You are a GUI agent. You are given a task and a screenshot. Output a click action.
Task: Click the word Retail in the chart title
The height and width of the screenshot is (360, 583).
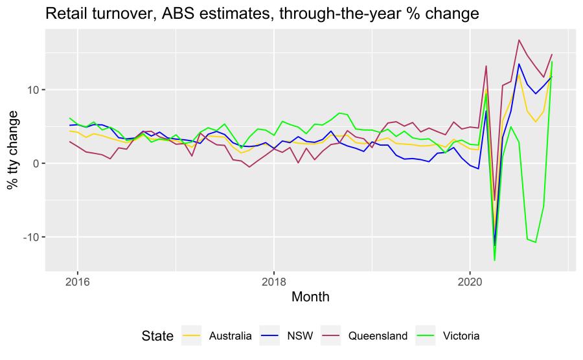point(63,14)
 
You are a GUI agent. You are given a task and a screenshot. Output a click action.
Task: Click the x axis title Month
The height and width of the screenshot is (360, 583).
point(310,298)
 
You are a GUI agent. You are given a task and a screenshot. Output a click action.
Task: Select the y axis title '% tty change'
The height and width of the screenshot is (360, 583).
point(13,150)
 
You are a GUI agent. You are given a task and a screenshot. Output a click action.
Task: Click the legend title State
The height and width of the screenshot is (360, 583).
point(157,335)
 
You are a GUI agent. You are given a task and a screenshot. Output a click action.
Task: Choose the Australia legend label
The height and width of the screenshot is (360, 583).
point(230,335)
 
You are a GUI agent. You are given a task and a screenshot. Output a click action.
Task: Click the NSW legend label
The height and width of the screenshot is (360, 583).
point(302,335)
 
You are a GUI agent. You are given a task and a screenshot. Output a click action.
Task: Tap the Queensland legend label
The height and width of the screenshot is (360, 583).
point(378,335)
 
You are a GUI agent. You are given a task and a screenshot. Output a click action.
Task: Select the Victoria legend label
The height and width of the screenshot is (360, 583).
point(462,335)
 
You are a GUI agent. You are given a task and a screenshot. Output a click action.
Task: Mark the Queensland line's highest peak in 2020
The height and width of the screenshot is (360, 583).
point(519,40)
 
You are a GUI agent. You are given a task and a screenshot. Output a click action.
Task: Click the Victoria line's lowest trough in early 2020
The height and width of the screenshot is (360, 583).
point(494,260)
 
